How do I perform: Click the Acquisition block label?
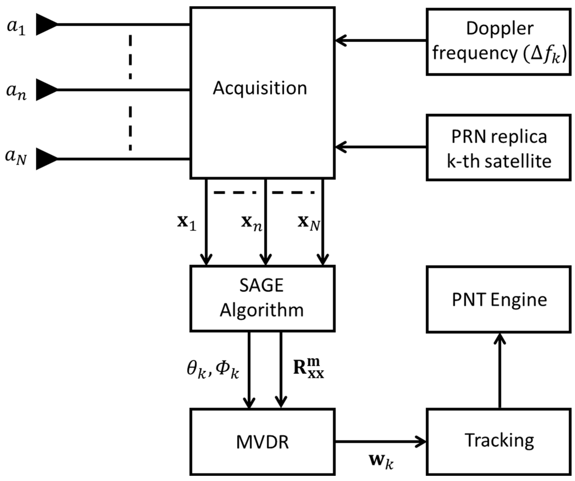point(260,89)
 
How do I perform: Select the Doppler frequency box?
point(498,42)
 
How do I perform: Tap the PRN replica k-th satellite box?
point(498,148)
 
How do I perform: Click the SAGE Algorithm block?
point(263,299)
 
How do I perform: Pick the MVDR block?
point(263,442)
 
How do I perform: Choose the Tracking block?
point(498,442)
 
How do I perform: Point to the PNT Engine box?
point(498,300)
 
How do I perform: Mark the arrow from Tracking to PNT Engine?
point(500,371)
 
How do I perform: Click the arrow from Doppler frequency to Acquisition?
point(381,41)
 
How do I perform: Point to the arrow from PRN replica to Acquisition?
point(381,147)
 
